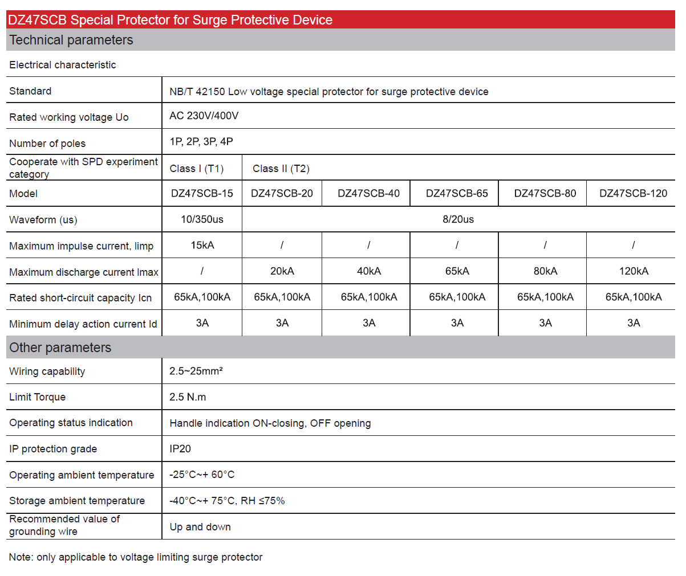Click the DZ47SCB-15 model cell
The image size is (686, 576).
point(202,193)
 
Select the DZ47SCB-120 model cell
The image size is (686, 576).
point(633,193)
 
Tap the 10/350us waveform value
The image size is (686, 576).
point(202,219)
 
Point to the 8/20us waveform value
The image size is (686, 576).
point(458,219)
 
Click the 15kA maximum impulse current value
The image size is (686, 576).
point(202,245)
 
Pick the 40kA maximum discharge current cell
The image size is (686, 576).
point(369,271)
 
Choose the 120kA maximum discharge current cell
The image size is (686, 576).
point(634,271)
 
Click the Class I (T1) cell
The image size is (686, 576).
point(196,169)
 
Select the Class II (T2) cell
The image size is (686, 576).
point(281,169)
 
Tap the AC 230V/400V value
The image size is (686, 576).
point(204,116)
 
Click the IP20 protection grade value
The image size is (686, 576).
point(180,449)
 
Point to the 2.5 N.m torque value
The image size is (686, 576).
point(188,397)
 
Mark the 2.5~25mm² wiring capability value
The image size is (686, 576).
point(196,371)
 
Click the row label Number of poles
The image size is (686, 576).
point(47,144)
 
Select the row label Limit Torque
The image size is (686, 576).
point(37,397)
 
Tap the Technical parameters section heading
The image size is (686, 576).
point(71,40)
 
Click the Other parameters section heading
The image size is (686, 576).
point(60,348)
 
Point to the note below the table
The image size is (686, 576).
point(136,557)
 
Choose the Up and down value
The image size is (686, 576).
point(200,527)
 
